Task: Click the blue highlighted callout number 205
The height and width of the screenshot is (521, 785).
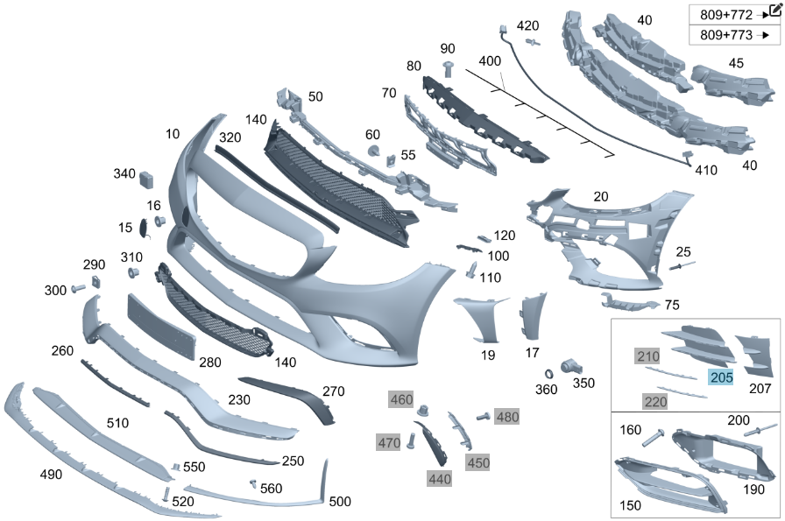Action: click(721, 378)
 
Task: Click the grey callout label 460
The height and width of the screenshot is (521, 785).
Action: click(401, 400)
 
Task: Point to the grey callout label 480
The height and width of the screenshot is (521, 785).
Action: click(507, 417)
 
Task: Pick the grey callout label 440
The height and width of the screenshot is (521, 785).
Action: click(440, 478)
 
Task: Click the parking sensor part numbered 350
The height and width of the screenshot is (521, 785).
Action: click(572, 365)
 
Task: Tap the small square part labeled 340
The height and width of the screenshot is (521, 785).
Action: click(147, 179)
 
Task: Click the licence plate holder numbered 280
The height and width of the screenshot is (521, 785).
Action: click(164, 323)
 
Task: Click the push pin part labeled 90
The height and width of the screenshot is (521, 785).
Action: click(448, 67)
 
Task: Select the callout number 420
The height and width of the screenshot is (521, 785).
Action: click(528, 25)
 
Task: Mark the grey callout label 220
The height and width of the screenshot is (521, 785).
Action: click(654, 402)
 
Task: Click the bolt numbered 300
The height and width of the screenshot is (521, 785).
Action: click(78, 286)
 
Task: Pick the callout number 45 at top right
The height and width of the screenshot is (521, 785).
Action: click(737, 63)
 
